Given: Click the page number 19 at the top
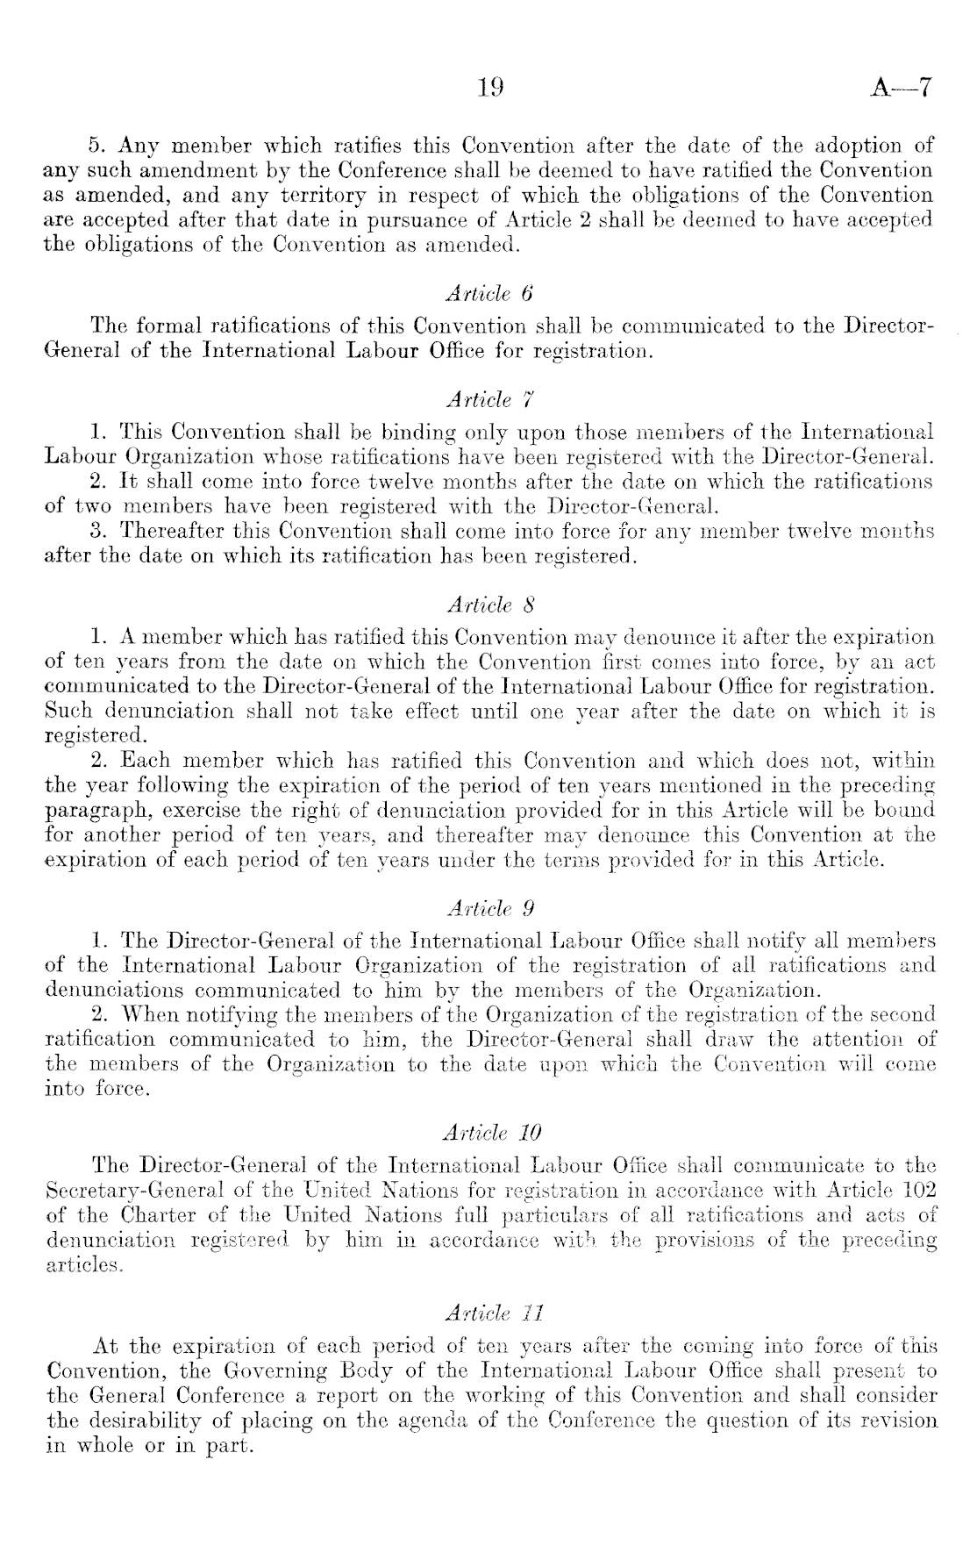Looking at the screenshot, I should click(489, 87).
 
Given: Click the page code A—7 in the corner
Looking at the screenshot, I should click(902, 87).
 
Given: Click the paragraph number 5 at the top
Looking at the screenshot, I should click(97, 145).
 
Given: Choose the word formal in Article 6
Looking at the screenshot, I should click(171, 326).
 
